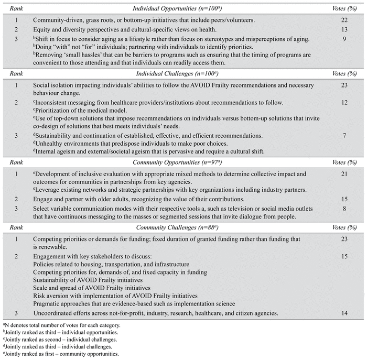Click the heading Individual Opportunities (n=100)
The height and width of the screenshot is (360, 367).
point(183,9)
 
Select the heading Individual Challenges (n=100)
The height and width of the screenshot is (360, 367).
point(183,74)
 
